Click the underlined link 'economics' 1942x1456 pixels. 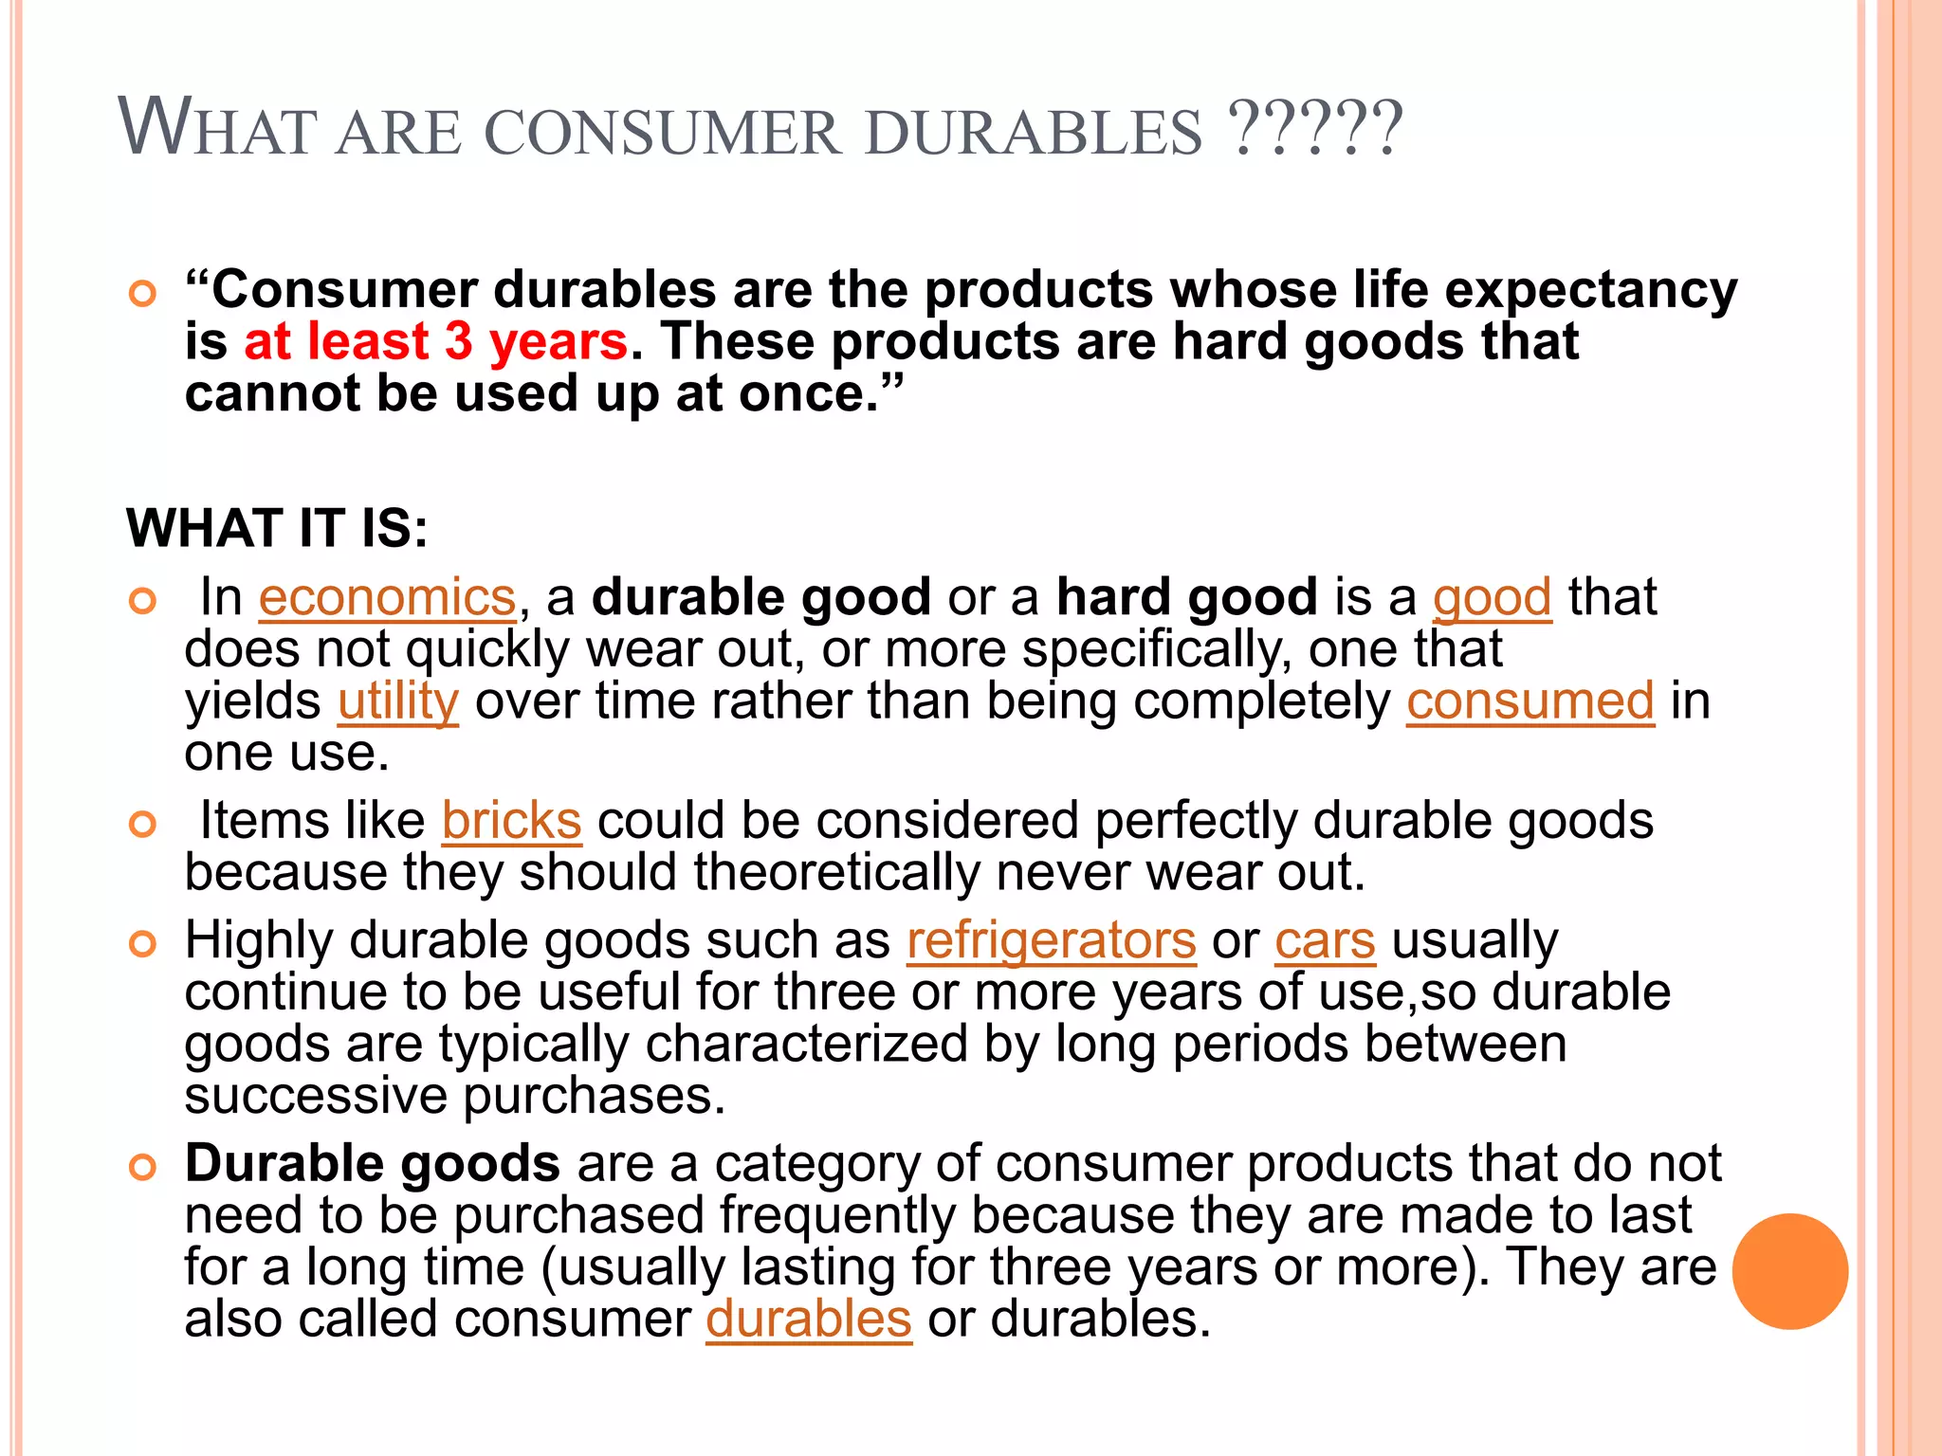click(x=387, y=598)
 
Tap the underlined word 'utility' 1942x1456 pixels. click(x=398, y=702)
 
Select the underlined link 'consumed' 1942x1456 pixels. click(x=1530, y=702)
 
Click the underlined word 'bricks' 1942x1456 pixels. click(x=511, y=821)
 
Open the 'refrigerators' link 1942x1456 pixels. click(x=1051, y=941)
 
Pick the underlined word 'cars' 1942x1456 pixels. click(x=1325, y=941)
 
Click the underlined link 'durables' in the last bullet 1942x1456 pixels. click(x=808, y=1319)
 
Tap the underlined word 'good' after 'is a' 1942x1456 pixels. click(x=1492, y=598)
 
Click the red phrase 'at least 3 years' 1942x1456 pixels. click(x=435, y=341)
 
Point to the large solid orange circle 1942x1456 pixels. click(x=1789, y=1271)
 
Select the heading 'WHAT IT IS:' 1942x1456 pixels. click(x=277, y=528)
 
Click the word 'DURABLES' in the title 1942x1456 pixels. click(x=1034, y=132)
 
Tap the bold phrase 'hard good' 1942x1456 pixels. click(x=1186, y=598)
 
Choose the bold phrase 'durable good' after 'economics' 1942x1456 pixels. click(x=760, y=598)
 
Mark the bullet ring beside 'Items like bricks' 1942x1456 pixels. click(x=142, y=824)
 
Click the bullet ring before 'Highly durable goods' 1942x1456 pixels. click(x=142, y=944)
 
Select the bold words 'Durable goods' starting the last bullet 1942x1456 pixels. click(x=372, y=1164)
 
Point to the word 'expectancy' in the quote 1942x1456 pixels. click(x=1590, y=290)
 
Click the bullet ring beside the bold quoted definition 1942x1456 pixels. click(x=142, y=294)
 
